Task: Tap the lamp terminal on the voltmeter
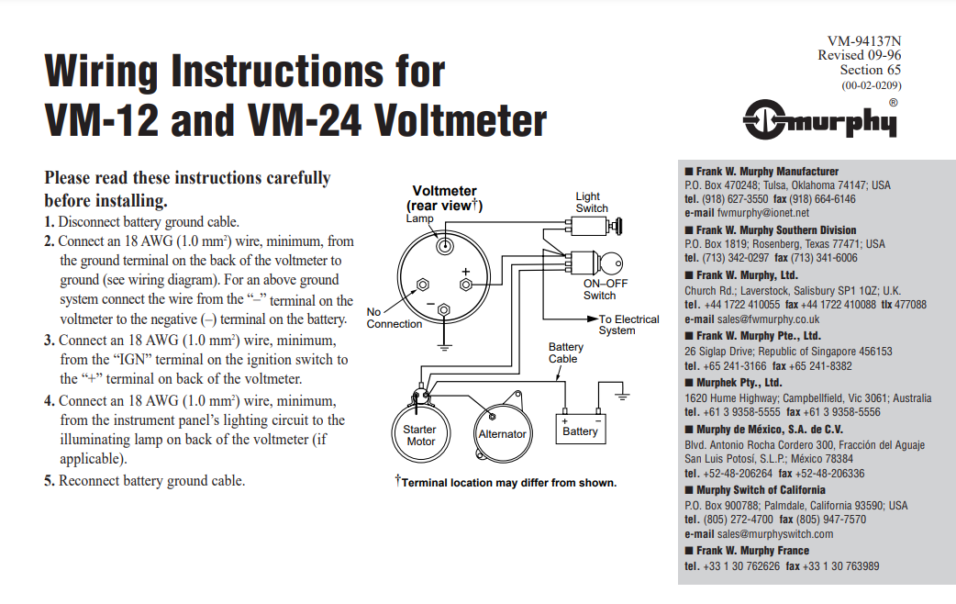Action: (444, 245)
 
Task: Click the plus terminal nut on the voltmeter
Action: (473, 285)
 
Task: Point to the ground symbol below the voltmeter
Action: (444, 347)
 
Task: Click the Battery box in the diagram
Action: (580, 427)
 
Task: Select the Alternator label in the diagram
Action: (502, 434)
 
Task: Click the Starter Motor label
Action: (420, 435)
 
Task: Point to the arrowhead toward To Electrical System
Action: (593, 319)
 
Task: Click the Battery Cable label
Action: (565, 352)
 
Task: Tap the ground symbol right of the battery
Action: (623, 396)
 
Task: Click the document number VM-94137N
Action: (863, 40)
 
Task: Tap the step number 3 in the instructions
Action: (50, 341)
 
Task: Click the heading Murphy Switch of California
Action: (761, 489)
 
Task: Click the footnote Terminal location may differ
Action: (508, 483)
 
